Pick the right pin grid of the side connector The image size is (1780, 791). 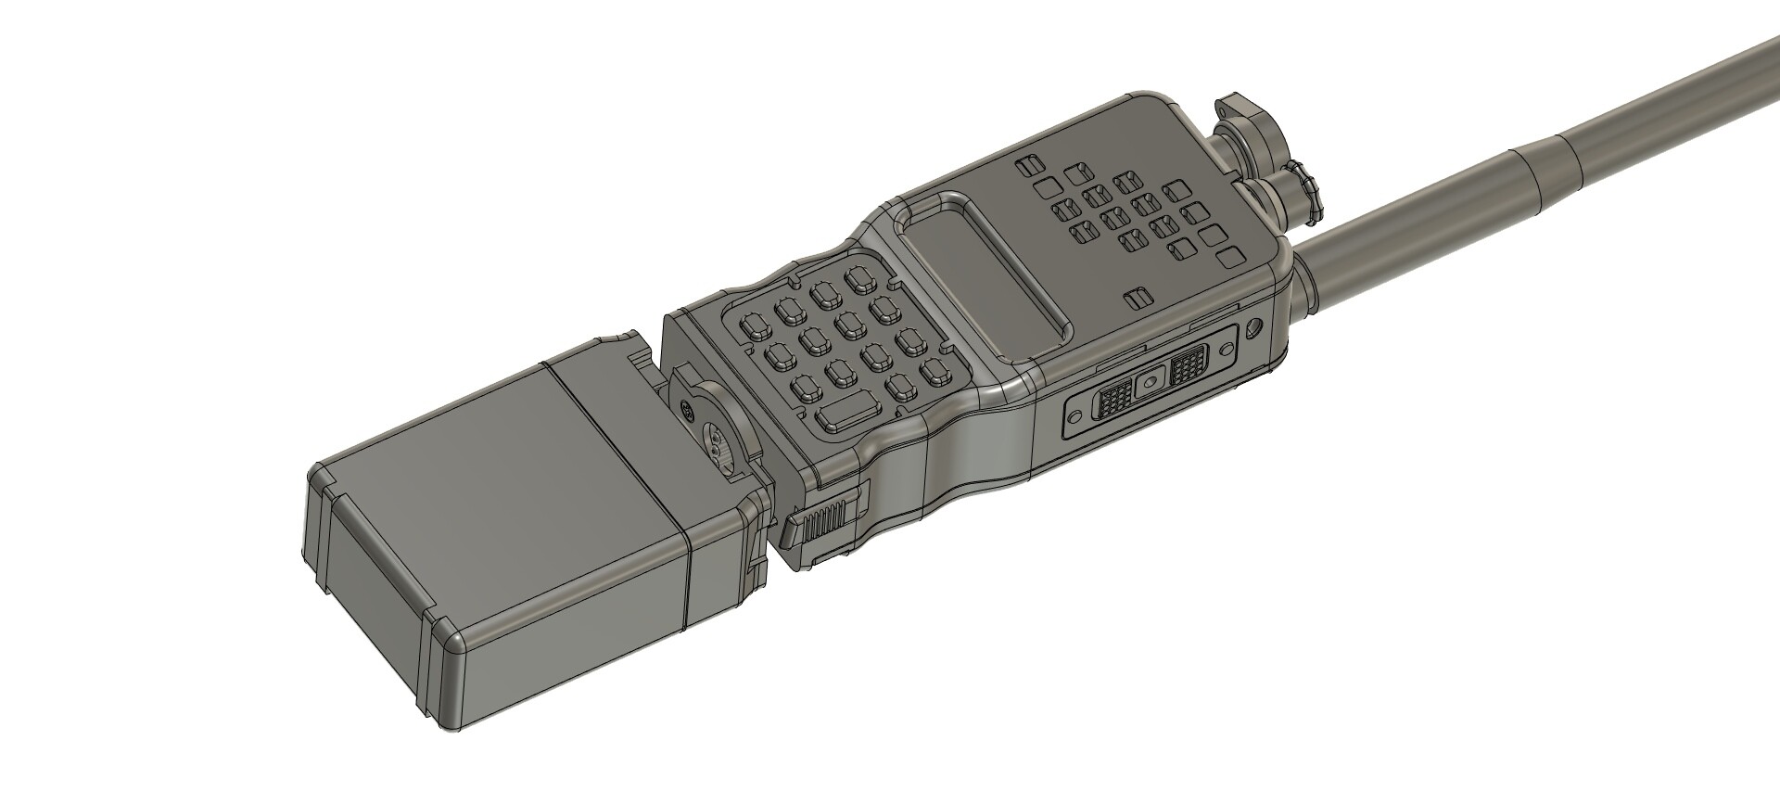coord(1188,368)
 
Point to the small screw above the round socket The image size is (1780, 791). coord(687,409)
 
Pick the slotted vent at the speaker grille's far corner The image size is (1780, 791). coord(1024,168)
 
